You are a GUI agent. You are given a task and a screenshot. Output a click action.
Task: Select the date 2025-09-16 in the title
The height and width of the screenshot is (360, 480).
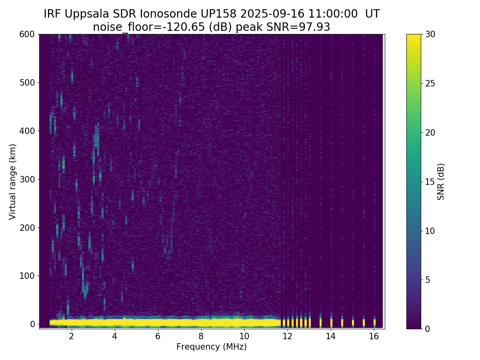click(x=272, y=14)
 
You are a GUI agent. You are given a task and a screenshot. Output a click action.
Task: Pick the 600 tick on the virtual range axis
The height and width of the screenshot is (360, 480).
click(x=28, y=34)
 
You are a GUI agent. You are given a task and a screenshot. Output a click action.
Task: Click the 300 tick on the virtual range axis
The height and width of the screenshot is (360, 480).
click(x=28, y=179)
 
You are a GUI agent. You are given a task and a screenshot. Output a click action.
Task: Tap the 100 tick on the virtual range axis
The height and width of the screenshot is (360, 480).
click(x=28, y=276)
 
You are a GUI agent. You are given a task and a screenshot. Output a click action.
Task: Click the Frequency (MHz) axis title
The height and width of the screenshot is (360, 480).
click(x=212, y=347)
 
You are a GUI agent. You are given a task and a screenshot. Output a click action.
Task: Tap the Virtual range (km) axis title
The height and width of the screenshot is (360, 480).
click(x=13, y=182)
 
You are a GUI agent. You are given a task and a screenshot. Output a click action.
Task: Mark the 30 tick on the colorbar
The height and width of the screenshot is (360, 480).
click(x=431, y=34)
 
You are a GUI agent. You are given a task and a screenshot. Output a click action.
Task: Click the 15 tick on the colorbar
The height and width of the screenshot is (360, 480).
click(x=431, y=182)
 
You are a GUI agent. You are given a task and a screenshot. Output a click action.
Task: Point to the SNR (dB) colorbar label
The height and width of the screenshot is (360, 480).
click(x=441, y=182)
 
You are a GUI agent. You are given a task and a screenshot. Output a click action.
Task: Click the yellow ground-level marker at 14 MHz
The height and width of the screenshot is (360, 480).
click(x=331, y=322)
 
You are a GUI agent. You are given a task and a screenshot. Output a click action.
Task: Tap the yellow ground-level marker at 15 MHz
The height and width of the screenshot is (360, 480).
click(x=353, y=322)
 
